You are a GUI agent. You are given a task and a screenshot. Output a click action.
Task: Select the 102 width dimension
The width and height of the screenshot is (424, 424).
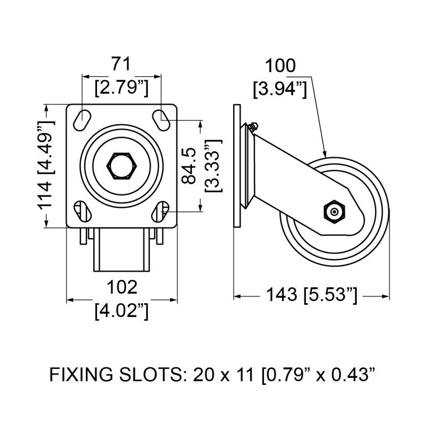122,288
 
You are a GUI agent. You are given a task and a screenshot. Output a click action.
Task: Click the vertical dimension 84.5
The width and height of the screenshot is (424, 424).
189,166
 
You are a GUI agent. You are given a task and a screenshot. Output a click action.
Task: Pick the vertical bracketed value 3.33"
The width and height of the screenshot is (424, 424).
212,166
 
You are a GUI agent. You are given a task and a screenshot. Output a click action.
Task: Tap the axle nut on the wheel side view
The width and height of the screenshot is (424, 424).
333,211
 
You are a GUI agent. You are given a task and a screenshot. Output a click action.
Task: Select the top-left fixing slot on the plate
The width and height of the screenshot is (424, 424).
82,118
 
